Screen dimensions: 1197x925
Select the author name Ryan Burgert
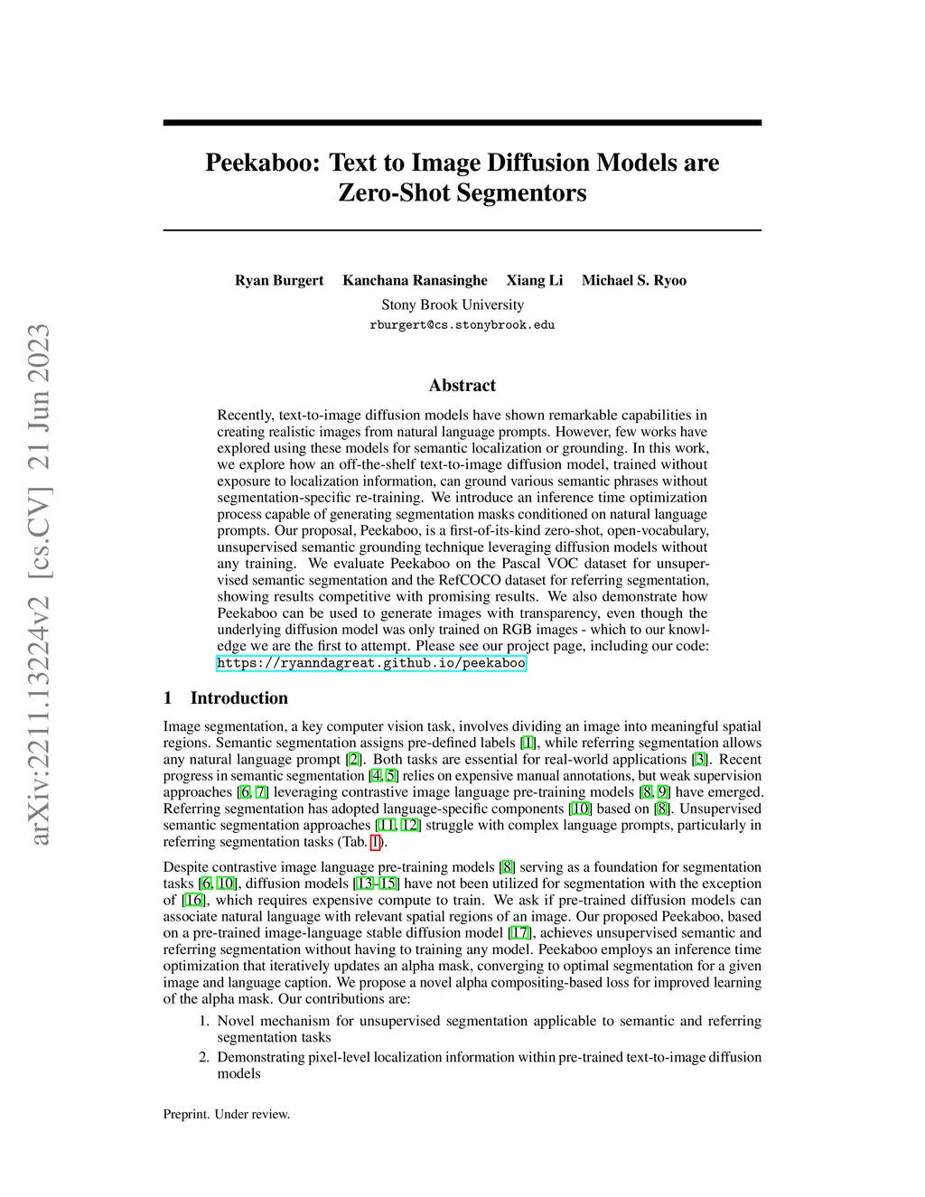pos(279,280)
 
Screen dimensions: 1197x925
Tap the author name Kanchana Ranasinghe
pos(415,280)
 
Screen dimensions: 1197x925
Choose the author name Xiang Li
pos(534,280)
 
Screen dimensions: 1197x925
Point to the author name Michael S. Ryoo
pos(633,280)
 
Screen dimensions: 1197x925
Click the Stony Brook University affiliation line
pos(453,304)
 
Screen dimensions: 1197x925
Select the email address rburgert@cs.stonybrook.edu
pos(462,325)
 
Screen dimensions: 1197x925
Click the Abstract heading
pos(462,385)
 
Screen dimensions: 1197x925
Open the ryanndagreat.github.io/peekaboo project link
pos(371,663)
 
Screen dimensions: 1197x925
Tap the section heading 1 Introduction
pos(226,697)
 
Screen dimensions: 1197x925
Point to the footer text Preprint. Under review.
pos(227,1114)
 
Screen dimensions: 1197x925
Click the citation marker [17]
pos(519,933)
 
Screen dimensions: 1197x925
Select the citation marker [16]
pos(193,900)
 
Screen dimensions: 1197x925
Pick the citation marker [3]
pos(700,760)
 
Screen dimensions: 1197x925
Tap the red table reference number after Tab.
pos(376,842)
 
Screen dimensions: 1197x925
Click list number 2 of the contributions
pos(204,1057)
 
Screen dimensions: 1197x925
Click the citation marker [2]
pos(354,760)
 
